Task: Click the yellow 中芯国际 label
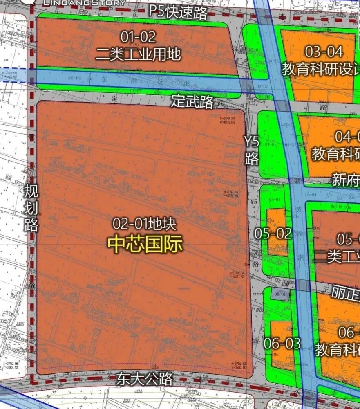click(145, 245)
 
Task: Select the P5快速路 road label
click(178, 12)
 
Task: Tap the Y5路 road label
click(252, 151)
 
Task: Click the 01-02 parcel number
click(138, 37)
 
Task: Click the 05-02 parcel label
click(273, 234)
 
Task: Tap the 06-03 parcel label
click(282, 343)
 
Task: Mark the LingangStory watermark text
click(84, 3)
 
